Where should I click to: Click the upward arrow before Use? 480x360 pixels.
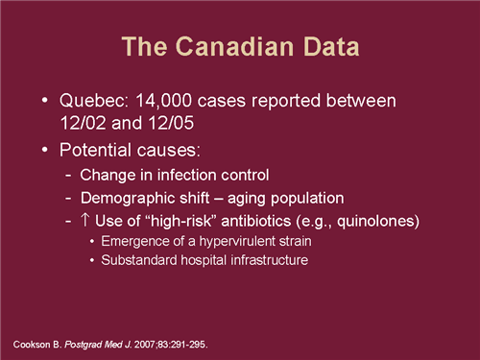85,222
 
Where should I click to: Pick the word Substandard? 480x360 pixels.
136,260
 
